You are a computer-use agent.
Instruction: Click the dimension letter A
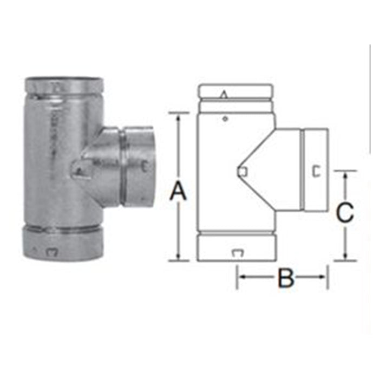(x=178, y=192)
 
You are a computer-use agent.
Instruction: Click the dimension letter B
(x=286, y=277)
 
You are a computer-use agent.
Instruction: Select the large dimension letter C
(x=345, y=212)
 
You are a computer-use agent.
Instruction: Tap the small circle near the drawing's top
(x=225, y=119)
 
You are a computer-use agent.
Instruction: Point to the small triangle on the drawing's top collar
(x=224, y=95)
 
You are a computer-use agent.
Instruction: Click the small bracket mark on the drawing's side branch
(x=316, y=171)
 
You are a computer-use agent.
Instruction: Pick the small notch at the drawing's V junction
(x=243, y=172)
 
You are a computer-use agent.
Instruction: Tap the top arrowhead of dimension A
(x=178, y=117)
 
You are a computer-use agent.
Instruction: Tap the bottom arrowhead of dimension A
(x=178, y=256)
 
